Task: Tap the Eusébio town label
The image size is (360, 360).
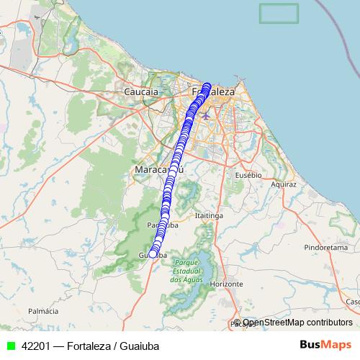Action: (248, 175)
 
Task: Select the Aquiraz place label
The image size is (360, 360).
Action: (283, 184)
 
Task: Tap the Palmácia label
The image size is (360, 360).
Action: (42, 311)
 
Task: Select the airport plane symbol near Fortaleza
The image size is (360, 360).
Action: (207, 114)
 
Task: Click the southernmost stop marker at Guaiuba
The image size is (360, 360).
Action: (152, 253)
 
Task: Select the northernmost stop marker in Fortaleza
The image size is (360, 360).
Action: (207, 86)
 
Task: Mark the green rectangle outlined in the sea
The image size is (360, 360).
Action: (279, 13)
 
